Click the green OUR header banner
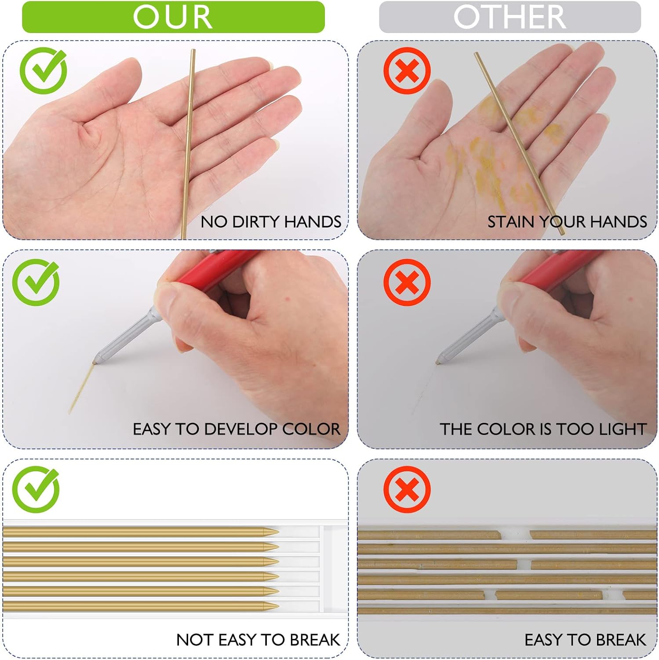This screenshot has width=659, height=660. click(173, 17)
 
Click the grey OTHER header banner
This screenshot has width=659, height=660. click(510, 17)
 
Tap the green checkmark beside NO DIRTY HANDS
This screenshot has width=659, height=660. click(44, 71)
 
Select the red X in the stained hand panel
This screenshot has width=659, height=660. click(407, 71)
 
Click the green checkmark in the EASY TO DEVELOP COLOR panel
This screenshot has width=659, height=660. click(36, 282)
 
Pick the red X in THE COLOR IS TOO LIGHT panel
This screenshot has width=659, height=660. click(407, 282)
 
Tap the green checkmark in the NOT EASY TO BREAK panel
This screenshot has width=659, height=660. click(36, 489)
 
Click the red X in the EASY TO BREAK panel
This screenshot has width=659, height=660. click(407, 489)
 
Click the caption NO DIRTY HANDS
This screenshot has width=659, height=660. click(271, 222)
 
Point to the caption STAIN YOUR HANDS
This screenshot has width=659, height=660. click(567, 222)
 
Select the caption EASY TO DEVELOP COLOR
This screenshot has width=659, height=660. click(237, 429)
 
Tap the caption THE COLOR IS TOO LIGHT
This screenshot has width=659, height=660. click(543, 429)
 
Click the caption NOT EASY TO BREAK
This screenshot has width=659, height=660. click(258, 640)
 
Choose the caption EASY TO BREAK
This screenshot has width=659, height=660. click(585, 640)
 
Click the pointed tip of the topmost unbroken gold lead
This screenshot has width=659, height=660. click(278, 532)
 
